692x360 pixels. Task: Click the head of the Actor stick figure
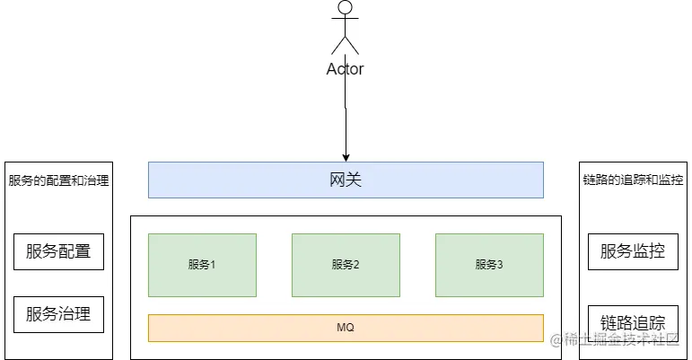[x=346, y=8]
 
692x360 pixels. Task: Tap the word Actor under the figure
[x=346, y=69]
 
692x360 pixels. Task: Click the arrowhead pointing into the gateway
[x=346, y=156]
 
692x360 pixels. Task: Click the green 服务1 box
[x=202, y=265]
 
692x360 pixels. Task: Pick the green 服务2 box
[x=346, y=265]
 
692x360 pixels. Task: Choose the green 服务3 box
[x=489, y=265]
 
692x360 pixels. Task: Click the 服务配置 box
[x=58, y=251]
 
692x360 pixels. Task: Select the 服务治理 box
[x=58, y=314]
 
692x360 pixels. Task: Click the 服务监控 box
[x=633, y=251]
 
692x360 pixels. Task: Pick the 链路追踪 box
[x=633, y=320]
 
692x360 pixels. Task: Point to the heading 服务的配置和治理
[x=58, y=180]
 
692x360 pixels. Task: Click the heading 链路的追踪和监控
[x=633, y=180]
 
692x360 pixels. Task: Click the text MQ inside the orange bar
[x=346, y=328]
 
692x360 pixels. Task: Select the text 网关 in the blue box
[x=346, y=180]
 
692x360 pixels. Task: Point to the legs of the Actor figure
[x=346, y=45]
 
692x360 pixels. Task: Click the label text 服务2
[x=346, y=265]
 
